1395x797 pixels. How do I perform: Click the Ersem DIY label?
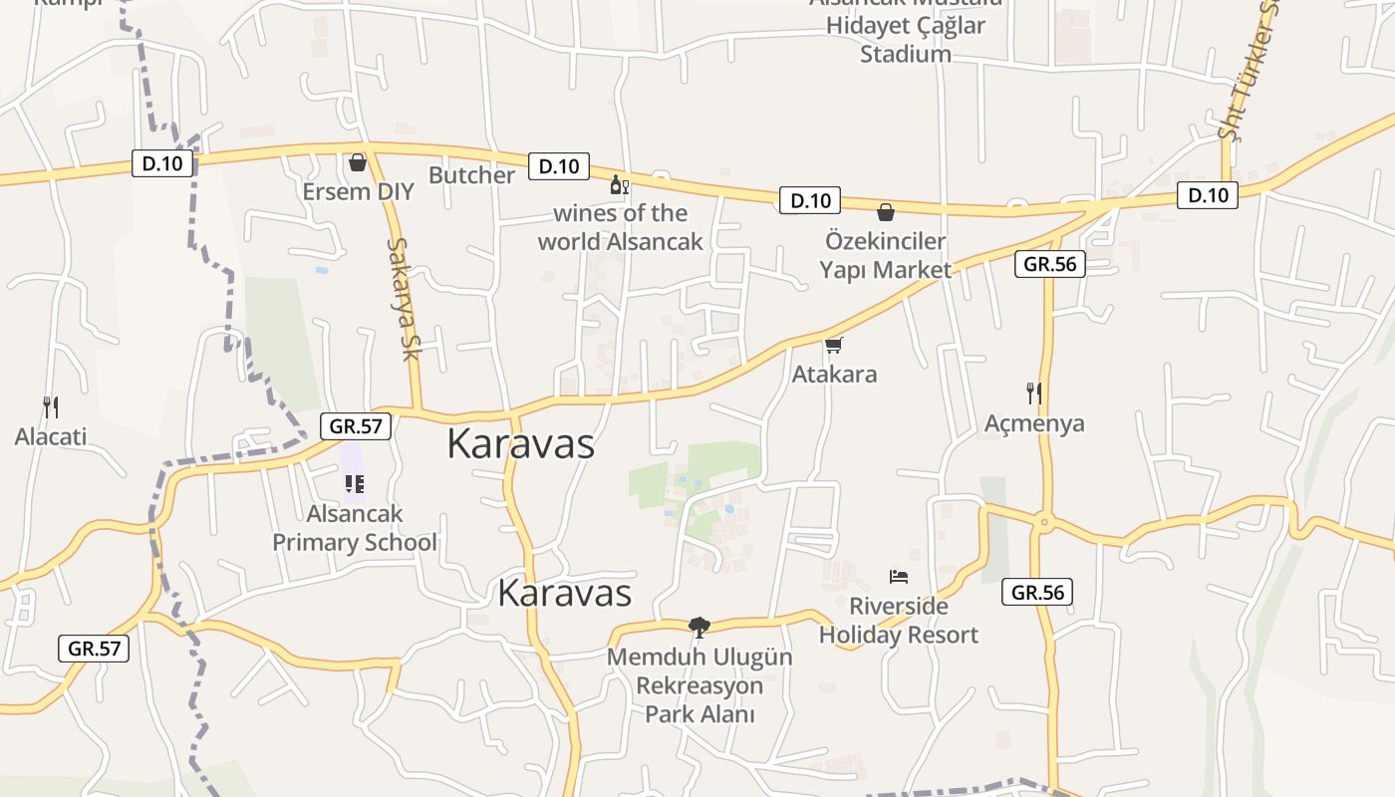point(358,191)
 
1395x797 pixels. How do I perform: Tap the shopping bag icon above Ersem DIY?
point(358,162)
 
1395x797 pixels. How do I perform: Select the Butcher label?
point(471,175)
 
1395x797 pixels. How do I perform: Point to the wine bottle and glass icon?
point(619,185)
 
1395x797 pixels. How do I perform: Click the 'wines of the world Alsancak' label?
point(620,227)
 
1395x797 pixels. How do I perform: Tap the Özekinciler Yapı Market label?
point(885,255)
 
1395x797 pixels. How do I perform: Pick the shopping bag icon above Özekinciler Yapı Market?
point(885,212)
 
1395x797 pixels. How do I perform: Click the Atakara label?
point(834,375)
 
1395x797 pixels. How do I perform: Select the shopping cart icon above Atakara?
point(834,346)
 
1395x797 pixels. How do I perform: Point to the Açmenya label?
point(1034,423)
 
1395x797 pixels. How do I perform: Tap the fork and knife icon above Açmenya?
point(1034,394)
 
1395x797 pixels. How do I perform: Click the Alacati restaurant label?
point(51,436)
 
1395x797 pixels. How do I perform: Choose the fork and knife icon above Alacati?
point(51,406)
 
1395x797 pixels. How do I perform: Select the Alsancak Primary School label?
point(355,528)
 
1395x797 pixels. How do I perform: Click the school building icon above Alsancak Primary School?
point(354,484)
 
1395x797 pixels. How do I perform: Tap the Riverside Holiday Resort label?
point(899,620)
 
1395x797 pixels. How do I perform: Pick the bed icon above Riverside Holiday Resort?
point(899,577)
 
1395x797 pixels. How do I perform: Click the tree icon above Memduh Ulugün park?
point(699,627)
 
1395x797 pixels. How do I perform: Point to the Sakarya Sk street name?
point(405,299)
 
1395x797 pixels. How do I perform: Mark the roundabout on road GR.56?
point(1043,520)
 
